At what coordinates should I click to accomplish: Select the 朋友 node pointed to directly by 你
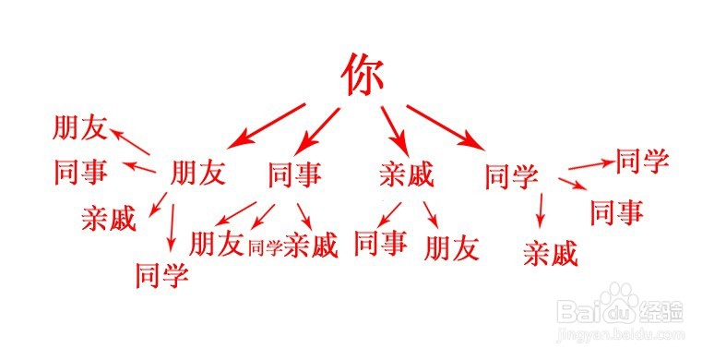point(198,174)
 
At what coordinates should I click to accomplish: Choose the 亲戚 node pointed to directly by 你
point(406,174)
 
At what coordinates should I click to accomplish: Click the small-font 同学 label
point(265,246)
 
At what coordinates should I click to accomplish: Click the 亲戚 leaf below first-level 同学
point(550,252)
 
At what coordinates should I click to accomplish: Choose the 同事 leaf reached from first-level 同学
point(616,211)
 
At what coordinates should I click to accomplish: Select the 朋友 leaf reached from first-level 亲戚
point(452,246)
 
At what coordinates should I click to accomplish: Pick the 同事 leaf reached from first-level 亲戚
point(380,243)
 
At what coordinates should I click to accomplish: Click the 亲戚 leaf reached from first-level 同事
point(311,245)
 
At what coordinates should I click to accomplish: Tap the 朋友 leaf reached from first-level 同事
point(216,244)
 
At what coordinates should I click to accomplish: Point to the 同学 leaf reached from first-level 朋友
point(161,273)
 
